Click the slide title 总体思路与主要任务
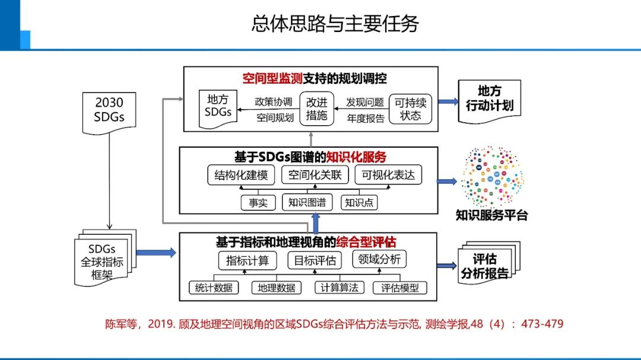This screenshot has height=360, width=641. (x=335, y=23)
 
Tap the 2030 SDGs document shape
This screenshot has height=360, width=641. (x=109, y=109)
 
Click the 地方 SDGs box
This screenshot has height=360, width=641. (x=218, y=105)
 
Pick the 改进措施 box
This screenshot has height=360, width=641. (x=316, y=108)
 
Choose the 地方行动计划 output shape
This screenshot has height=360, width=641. (x=490, y=99)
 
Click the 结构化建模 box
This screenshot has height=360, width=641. (x=241, y=175)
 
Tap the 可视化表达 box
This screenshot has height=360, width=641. (x=388, y=175)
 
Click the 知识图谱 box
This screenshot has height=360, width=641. (x=307, y=202)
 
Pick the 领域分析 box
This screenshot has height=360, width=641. (x=380, y=259)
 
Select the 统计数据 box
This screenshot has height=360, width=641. (x=214, y=288)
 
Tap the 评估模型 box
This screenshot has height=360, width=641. (x=400, y=288)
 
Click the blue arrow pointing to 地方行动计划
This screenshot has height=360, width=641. (x=448, y=101)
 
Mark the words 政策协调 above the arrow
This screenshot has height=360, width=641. (x=274, y=101)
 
